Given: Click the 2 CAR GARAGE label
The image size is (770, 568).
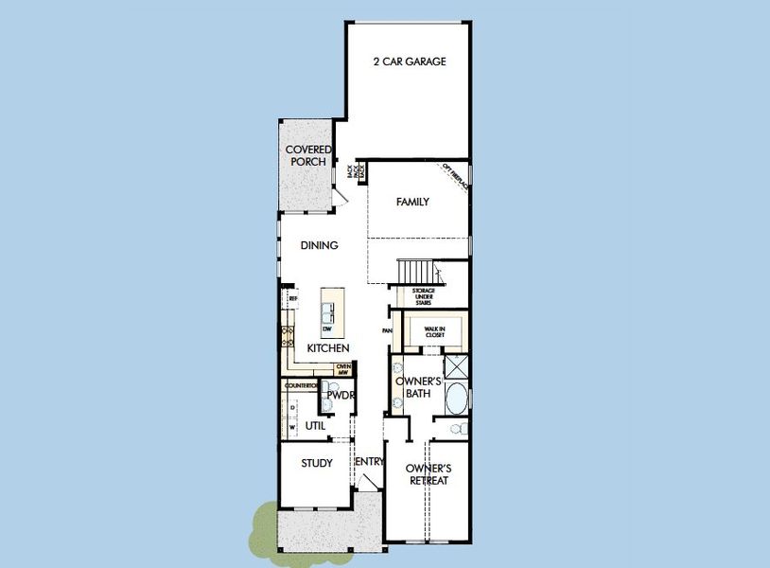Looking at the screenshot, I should pyautogui.click(x=409, y=62).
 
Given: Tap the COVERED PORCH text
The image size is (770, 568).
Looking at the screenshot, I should pyautogui.click(x=309, y=155).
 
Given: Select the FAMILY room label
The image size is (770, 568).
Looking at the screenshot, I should pyautogui.click(x=412, y=202).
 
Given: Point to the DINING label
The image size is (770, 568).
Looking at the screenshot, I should pyautogui.click(x=319, y=245).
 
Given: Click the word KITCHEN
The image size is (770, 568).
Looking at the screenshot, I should pyautogui.click(x=328, y=348).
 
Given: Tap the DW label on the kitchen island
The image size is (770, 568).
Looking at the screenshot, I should pyautogui.click(x=327, y=328).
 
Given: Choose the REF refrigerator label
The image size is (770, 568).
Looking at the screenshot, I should pyautogui.click(x=292, y=299).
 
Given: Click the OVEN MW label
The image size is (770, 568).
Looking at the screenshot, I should pyautogui.click(x=343, y=369).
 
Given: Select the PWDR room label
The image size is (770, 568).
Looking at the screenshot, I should pyautogui.click(x=341, y=395).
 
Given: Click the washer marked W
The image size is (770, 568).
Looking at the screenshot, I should pyautogui.click(x=291, y=426).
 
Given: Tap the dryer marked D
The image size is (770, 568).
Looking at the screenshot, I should pyautogui.click(x=291, y=408).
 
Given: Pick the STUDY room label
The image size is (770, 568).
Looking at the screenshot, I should pyautogui.click(x=316, y=463).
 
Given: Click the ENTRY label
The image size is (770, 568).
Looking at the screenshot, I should pyautogui.click(x=369, y=462).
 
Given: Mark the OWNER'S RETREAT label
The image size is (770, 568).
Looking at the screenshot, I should pyautogui.click(x=428, y=474).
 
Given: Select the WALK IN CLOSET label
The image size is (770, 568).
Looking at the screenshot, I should pyautogui.click(x=435, y=331).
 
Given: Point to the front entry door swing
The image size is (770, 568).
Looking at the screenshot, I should pyautogui.click(x=371, y=482).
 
